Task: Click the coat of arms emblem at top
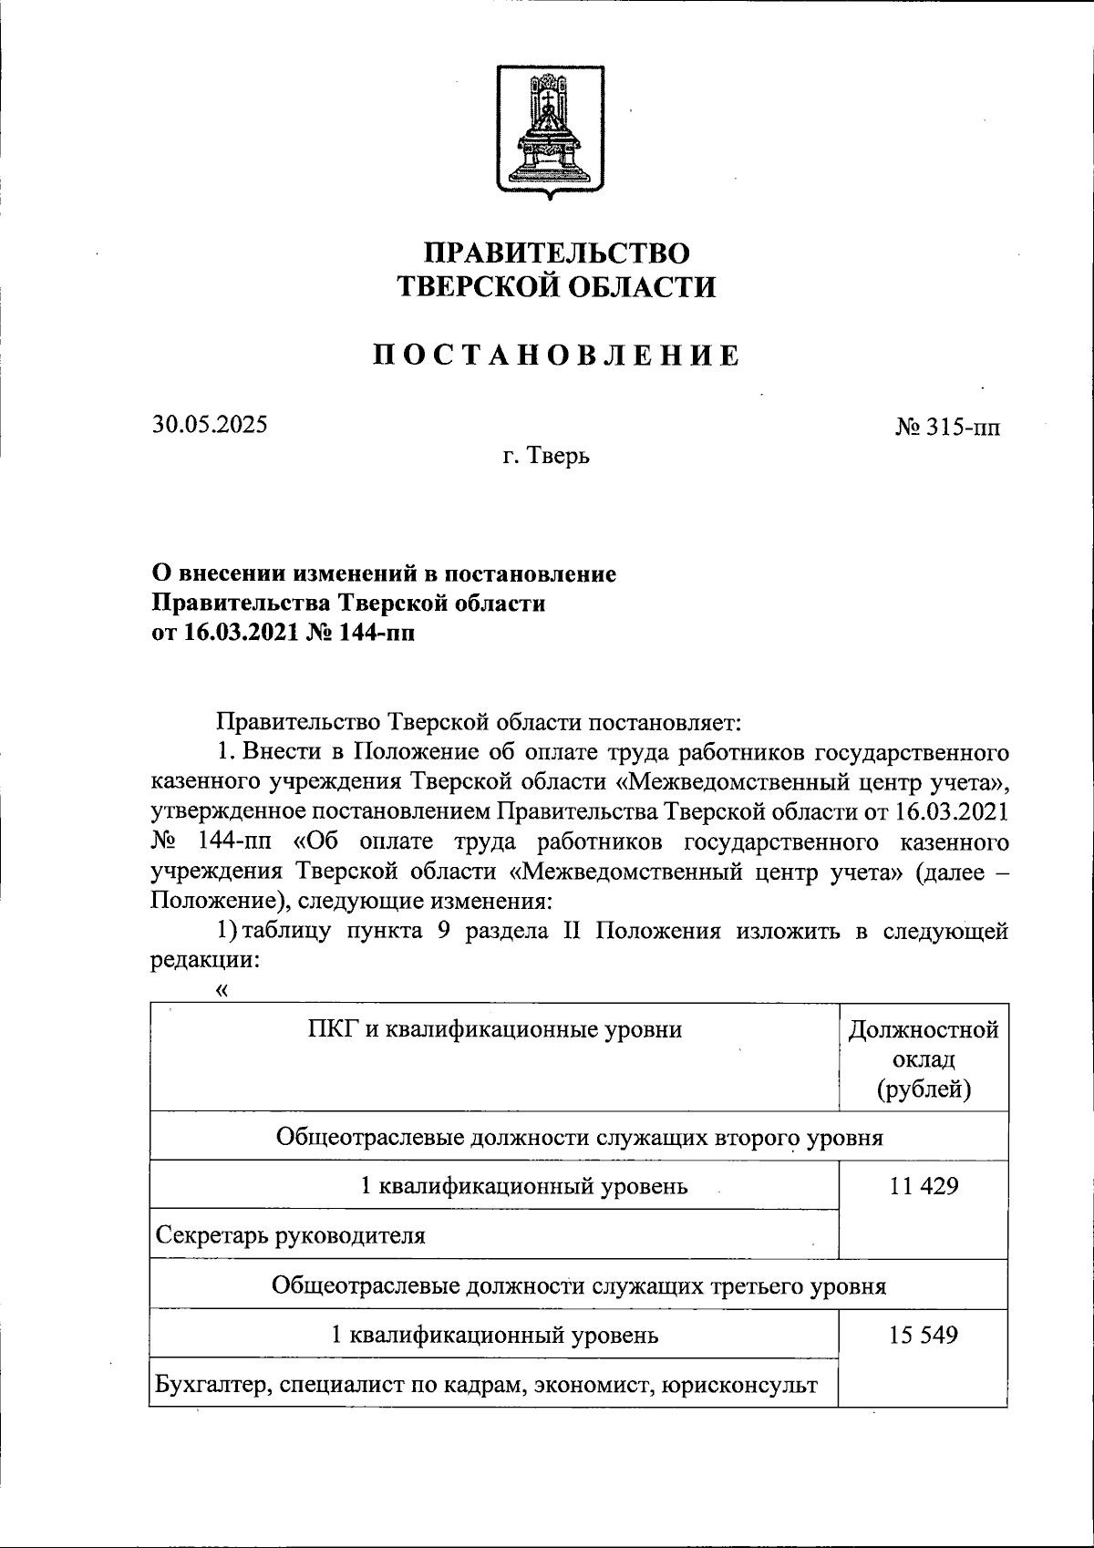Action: tap(549, 131)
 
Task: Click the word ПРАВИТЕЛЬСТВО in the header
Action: tap(558, 253)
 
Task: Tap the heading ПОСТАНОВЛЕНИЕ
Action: tap(556, 356)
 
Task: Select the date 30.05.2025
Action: tap(210, 424)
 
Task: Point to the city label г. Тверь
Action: tap(546, 456)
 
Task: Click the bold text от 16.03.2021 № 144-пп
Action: tap(283, 633)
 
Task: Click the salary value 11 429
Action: tap(924, 1187)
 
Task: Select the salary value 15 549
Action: tap(924, 1336)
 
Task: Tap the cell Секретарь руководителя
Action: tap(291, 1235)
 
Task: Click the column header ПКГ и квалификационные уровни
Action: tap(494, 1030)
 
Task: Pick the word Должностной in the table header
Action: tap(924, 1030)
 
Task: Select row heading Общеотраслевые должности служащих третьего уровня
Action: tap(579, 1286)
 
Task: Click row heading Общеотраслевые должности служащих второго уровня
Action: tap(579, 1138)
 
